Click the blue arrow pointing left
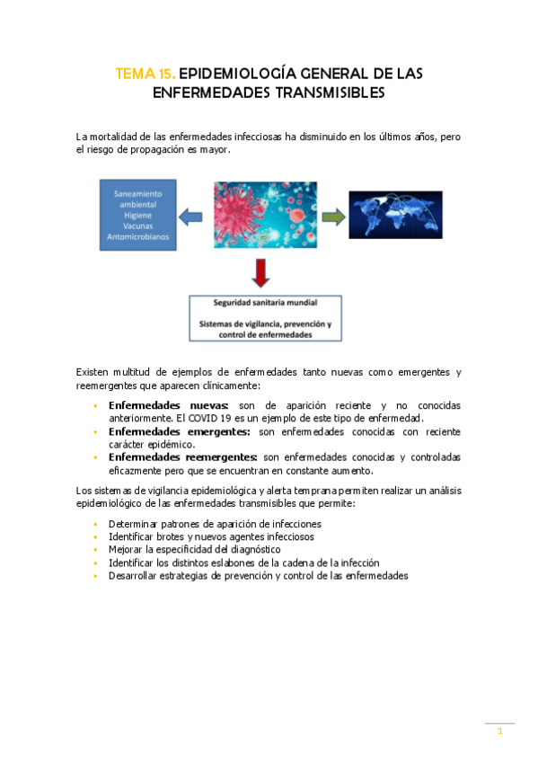[x=190, y=216]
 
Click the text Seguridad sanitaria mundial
[x=265, y=302]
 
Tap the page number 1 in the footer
[x=500, y=732]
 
